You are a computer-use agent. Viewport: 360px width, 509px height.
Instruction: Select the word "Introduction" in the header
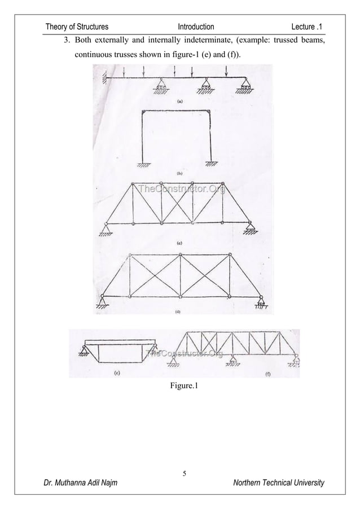[196, 27]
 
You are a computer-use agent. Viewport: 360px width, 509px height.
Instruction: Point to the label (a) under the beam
[179, 102]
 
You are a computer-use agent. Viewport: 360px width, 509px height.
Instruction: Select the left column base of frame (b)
[143, 164]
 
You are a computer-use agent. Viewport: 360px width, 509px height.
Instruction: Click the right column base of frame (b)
[211, 164]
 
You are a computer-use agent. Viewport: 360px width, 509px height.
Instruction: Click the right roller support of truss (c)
[253, 229]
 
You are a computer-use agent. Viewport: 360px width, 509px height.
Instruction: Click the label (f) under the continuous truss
[267, 374]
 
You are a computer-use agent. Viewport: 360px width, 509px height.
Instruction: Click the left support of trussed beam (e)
[86, 354]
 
